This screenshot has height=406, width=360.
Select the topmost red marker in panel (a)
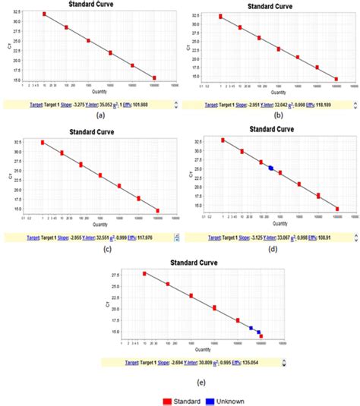(44, 14)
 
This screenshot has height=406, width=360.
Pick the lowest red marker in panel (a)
(154, 77)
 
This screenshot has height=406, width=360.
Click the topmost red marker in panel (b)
(221, 16)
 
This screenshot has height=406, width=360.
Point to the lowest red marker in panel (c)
(158, 211)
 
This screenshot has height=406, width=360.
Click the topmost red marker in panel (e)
(144, 273)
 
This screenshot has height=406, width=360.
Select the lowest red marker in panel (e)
(261, 335)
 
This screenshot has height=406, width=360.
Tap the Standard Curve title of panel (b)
(271, 5)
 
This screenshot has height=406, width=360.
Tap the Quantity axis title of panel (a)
(99, 92)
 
